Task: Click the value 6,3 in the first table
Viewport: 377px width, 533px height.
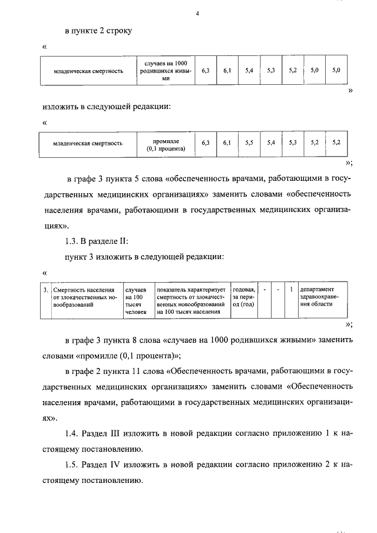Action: pos(205,71)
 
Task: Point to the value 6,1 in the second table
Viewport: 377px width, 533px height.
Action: pos(227,143)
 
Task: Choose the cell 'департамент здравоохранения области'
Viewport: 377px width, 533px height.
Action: pos(322,297)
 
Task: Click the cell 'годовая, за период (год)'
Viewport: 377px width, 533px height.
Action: pos(244,297)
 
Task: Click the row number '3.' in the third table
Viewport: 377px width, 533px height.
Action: pos(46,290)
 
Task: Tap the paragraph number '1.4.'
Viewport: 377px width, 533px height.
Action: pos(72,434)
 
